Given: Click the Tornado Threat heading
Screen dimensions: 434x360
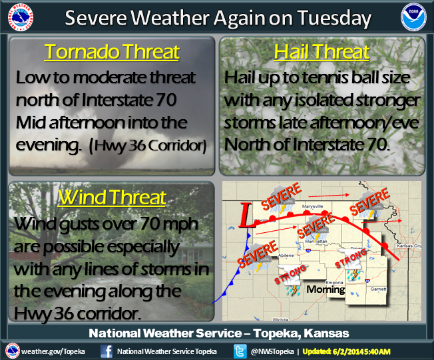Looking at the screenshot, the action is [x=112, y=52].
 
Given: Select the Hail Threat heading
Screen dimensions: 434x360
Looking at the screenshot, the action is [x=322, y=52].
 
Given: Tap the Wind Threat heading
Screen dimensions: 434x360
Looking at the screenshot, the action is [x=112, y=197].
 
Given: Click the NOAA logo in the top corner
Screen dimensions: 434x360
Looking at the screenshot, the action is [x=413, y=17].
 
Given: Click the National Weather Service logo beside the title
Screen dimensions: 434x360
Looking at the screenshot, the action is [x=21, y=17].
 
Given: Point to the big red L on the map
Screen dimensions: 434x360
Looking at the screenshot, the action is [x=246, y=216].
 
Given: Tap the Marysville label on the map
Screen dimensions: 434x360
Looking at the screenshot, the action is [x=312, y=206].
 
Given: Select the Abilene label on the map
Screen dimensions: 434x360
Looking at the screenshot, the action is [x=286, y=256].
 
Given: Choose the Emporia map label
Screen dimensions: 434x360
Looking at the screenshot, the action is [x=334, y=283].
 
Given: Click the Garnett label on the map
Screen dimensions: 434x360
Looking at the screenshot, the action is [x=378, y=289].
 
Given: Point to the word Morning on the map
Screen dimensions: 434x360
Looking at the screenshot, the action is [x=325, y=289].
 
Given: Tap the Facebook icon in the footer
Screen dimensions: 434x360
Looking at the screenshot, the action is [x=107, y=351].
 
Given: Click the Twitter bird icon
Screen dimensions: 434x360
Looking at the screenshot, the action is [x=240, y=351].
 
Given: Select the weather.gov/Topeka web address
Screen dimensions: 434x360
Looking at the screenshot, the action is [x=53, y=351].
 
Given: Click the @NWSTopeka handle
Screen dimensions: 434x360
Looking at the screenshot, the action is [x=272, y=351].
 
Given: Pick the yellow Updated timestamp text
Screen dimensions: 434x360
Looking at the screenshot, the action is [x=347, y=351].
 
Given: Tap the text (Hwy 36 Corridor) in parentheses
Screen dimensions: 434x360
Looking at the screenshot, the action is [x=148, y=146].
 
